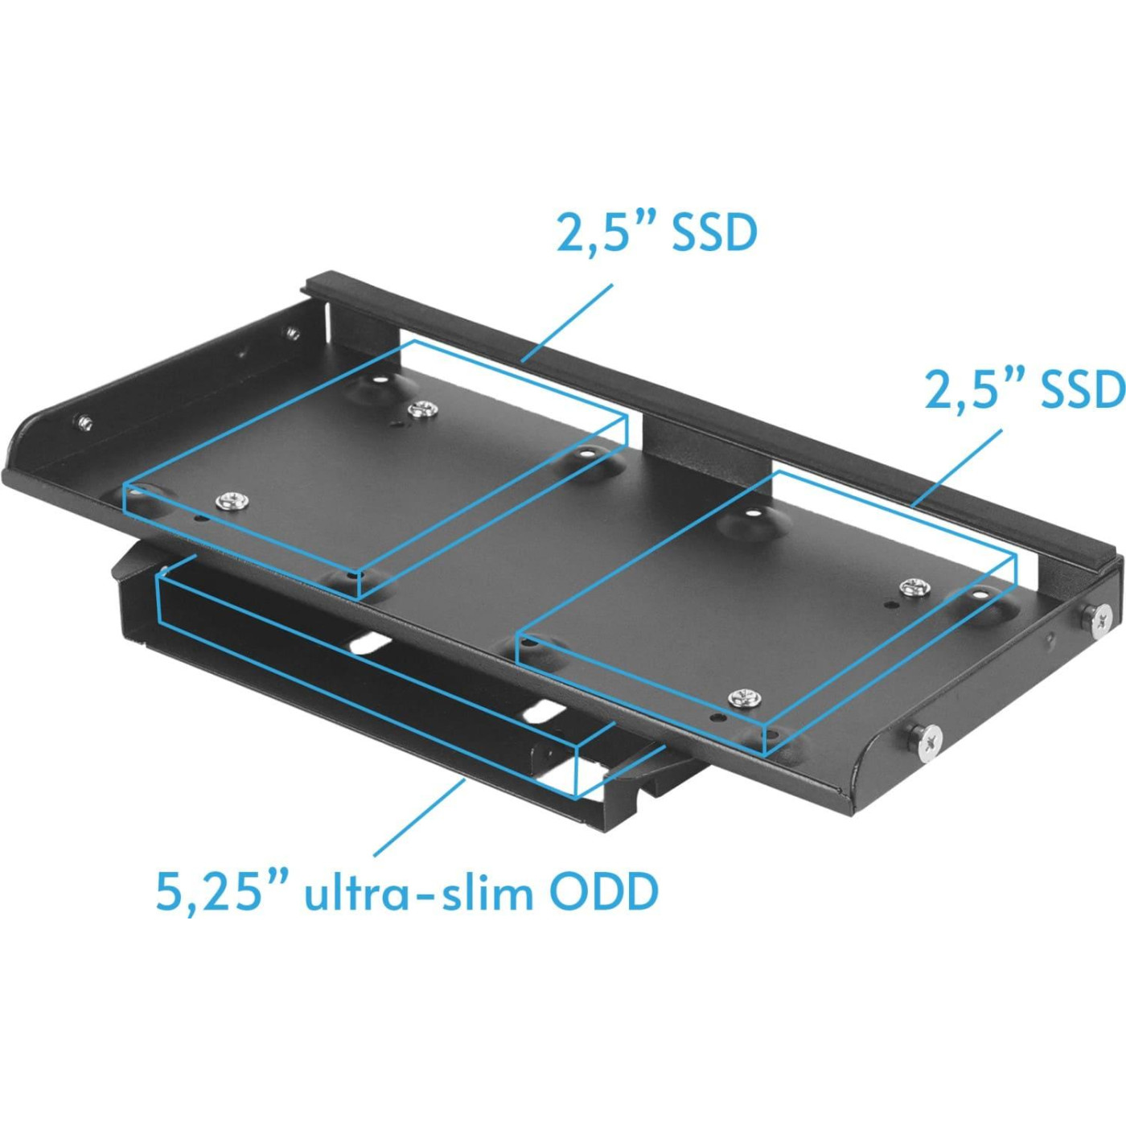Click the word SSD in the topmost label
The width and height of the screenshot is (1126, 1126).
[x=714, y=233]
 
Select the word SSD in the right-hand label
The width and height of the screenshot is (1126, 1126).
[x=1083, y=389]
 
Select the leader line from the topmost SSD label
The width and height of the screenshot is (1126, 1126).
[x=567, y=323]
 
